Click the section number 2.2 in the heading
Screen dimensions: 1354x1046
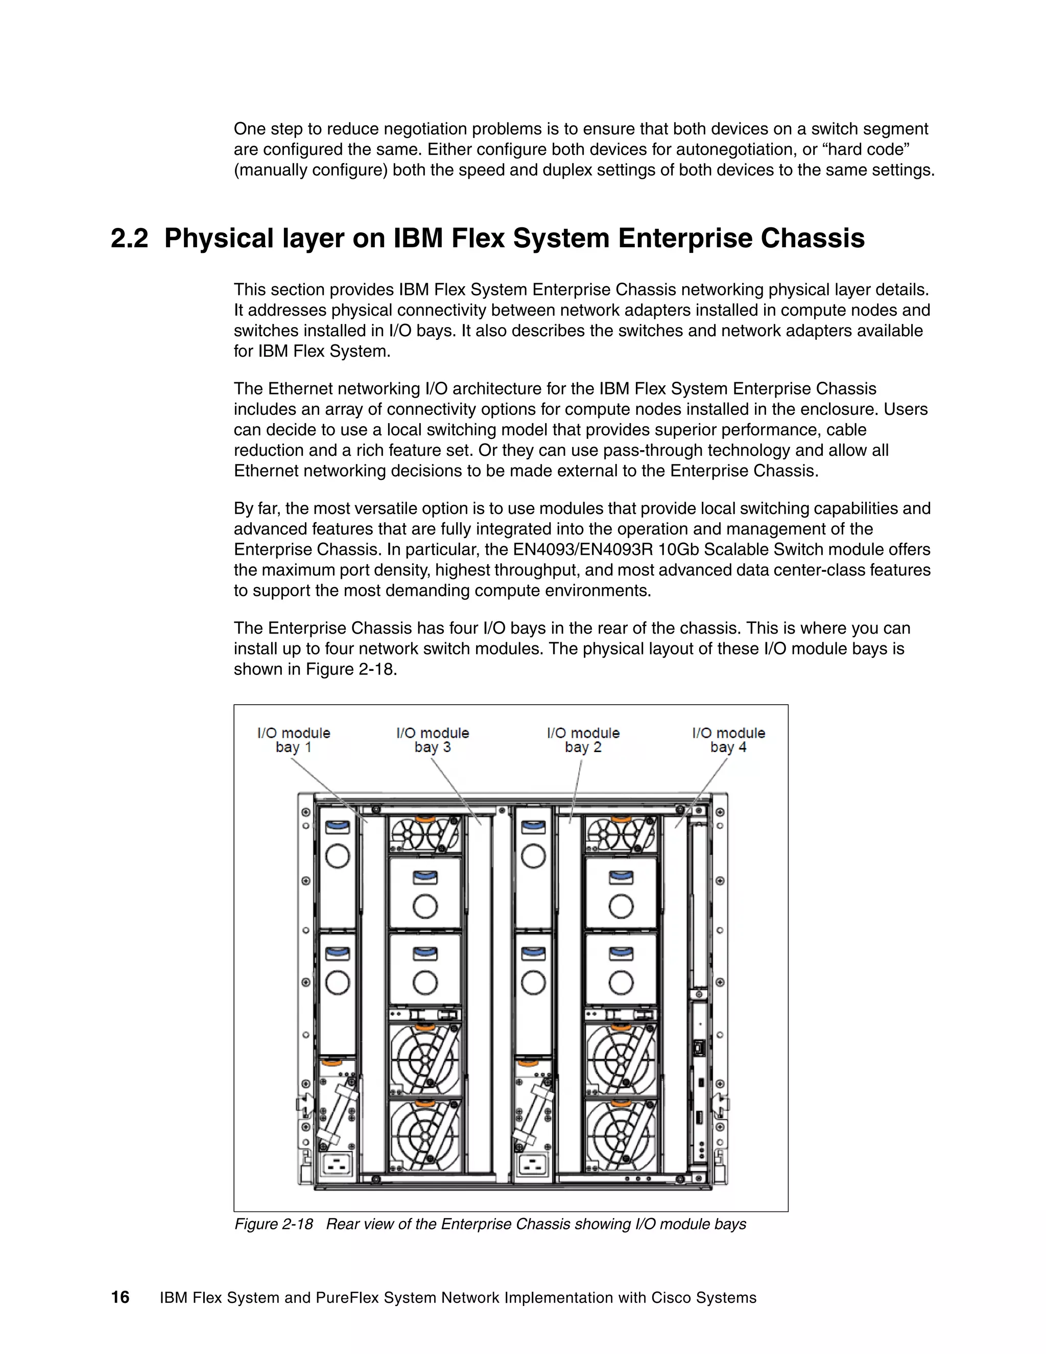tap(130, 238)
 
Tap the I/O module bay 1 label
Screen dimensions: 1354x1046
tap(294, 740)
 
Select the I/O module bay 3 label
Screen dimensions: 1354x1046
tap(433, 740)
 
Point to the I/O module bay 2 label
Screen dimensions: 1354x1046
tap(583, 740)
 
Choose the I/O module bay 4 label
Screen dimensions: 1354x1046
tap(728, 740)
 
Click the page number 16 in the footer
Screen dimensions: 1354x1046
tap(120, 1297)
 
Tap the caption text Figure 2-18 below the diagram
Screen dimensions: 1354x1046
tap(274, 1224)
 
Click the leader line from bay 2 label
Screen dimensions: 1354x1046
tap(576, 790)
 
